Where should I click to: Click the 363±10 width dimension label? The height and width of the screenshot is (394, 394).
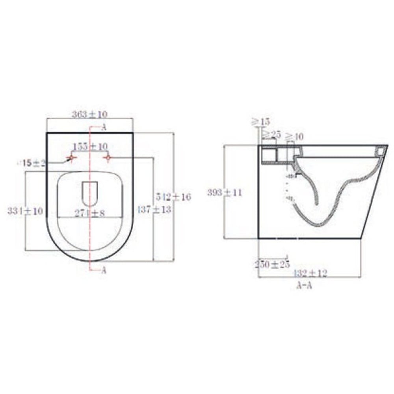90,114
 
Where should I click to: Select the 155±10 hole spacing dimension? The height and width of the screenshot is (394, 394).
90,146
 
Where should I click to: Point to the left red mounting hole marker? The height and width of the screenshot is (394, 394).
71,158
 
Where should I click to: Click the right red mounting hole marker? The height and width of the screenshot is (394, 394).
108,158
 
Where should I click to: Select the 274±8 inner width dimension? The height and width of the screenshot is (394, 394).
90,213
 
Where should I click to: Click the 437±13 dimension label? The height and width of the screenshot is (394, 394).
154,210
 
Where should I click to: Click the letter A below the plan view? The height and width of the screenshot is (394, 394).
104,270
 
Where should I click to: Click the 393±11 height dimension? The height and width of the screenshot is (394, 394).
225,192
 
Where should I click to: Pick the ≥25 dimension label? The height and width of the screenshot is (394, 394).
271,135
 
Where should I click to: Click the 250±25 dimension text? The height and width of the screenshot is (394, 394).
272,264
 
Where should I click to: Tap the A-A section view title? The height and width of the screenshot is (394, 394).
304,286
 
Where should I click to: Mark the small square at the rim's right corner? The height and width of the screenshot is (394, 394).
380,151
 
